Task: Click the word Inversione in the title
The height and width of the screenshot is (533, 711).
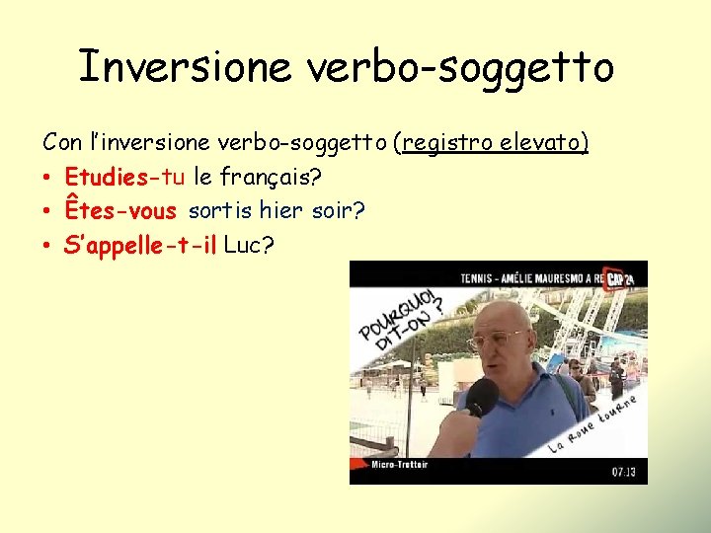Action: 185,67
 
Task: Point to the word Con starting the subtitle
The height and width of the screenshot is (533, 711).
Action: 61,144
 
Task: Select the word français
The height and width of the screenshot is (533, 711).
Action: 271,178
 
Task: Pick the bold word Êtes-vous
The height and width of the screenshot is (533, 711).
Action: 119,210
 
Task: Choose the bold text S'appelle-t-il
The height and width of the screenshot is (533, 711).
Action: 140,244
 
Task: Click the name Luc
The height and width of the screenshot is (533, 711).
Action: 245,244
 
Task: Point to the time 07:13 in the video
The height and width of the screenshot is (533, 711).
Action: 623,472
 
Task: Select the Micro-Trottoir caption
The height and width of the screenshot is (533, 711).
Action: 399,465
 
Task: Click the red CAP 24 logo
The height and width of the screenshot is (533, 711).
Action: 619,277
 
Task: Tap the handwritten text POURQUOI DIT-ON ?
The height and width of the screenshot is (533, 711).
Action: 402,318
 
